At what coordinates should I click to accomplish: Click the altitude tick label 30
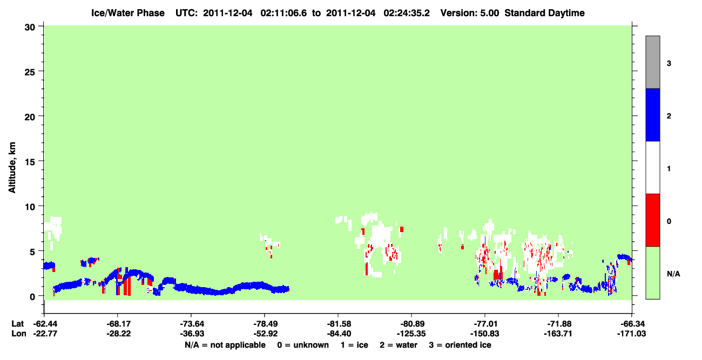pyautogui.click(x=30, y=28)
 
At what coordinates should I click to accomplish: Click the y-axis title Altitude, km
pyautogui.click(x=12, y=168)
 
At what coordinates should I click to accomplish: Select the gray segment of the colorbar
pyautogui.click(x=652, y=62)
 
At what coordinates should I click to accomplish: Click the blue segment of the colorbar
pyautogui.click(x=652, y=114)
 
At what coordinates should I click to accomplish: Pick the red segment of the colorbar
pyautogui.click(x=652, y=220)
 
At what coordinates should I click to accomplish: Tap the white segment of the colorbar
pyautogui.click(x=652, y=167)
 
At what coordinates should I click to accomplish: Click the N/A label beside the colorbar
pyautogui.click(x=673, y=274)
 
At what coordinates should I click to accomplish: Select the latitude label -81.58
pyautogui.click(x=339, y=324)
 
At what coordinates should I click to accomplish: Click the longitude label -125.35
pyautogui.click(x=411, y=334)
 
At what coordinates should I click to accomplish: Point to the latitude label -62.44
pyautogui.click(x=45, y=324)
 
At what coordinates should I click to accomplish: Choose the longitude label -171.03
pyautogui.click(x=631, y=334)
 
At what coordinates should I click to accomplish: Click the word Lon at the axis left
pyautogui.click(x=19, y=334)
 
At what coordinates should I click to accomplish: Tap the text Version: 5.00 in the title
pyautogui.click(x=470, y=13)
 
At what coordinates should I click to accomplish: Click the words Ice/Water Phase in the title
pyautogui.click(x=128, y=13)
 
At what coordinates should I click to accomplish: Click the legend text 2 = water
pyautogui.click(x=399, y=345)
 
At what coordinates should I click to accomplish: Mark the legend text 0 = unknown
pyautogui.click(x=303, y=345)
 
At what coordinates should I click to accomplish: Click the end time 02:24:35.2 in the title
pyautogui.click(x=407, y=13)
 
